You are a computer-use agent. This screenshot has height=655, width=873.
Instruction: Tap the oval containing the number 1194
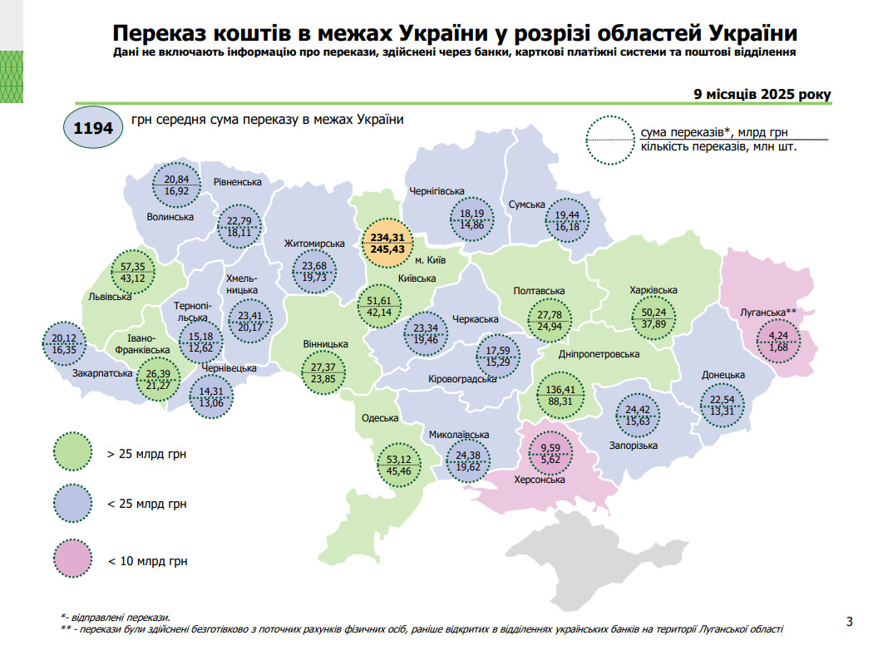tap(92, 129)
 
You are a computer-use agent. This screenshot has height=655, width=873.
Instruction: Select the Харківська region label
tap(653, 290)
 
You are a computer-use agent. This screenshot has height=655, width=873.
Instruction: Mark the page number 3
tap(849, 621)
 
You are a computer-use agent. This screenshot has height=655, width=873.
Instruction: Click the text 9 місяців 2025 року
tap(762, 94)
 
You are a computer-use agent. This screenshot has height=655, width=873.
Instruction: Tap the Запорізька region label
tap(633, 446)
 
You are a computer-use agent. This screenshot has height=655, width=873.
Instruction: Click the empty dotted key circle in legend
tap(609, 140)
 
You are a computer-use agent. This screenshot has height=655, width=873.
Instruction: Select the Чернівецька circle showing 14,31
tap(210, 398)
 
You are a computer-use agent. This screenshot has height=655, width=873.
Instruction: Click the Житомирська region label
tap(314, 244)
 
